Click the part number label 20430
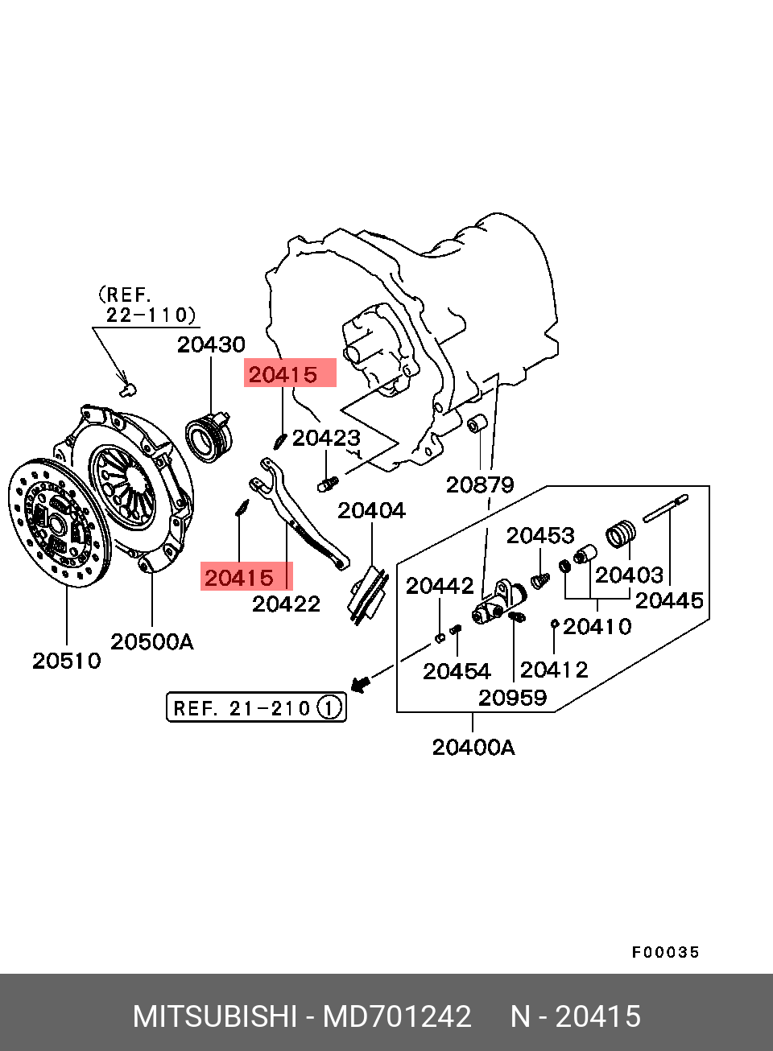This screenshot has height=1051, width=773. (x=211, y=344)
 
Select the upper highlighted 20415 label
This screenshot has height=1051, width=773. (x=283, y=374)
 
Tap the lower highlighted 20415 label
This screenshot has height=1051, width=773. (x=239, y=578)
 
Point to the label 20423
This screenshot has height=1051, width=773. (x=326, y=438)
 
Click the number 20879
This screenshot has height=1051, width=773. (x=480, y=484)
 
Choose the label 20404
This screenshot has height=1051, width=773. (x=371, y=510)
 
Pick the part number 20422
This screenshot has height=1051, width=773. (x=286, y=604)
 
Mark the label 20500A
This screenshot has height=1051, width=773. (x=151, y=641)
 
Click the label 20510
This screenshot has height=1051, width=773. (x=67, y=661)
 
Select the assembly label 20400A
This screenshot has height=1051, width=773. (x=473, y=748)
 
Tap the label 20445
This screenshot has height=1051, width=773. (x=669, y=600)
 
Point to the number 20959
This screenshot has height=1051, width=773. (x=512, y=698)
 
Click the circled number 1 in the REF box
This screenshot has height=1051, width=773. (x=329, y=708)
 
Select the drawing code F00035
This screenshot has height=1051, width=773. (x=665, y=953)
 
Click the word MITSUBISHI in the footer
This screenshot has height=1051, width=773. (x=215, y=1017)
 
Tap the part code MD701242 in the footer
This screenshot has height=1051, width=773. (x=397, y=1017)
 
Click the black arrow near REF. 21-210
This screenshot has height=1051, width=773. (x=362, y=682)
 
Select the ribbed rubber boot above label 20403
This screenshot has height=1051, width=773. (x=621, y=534)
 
